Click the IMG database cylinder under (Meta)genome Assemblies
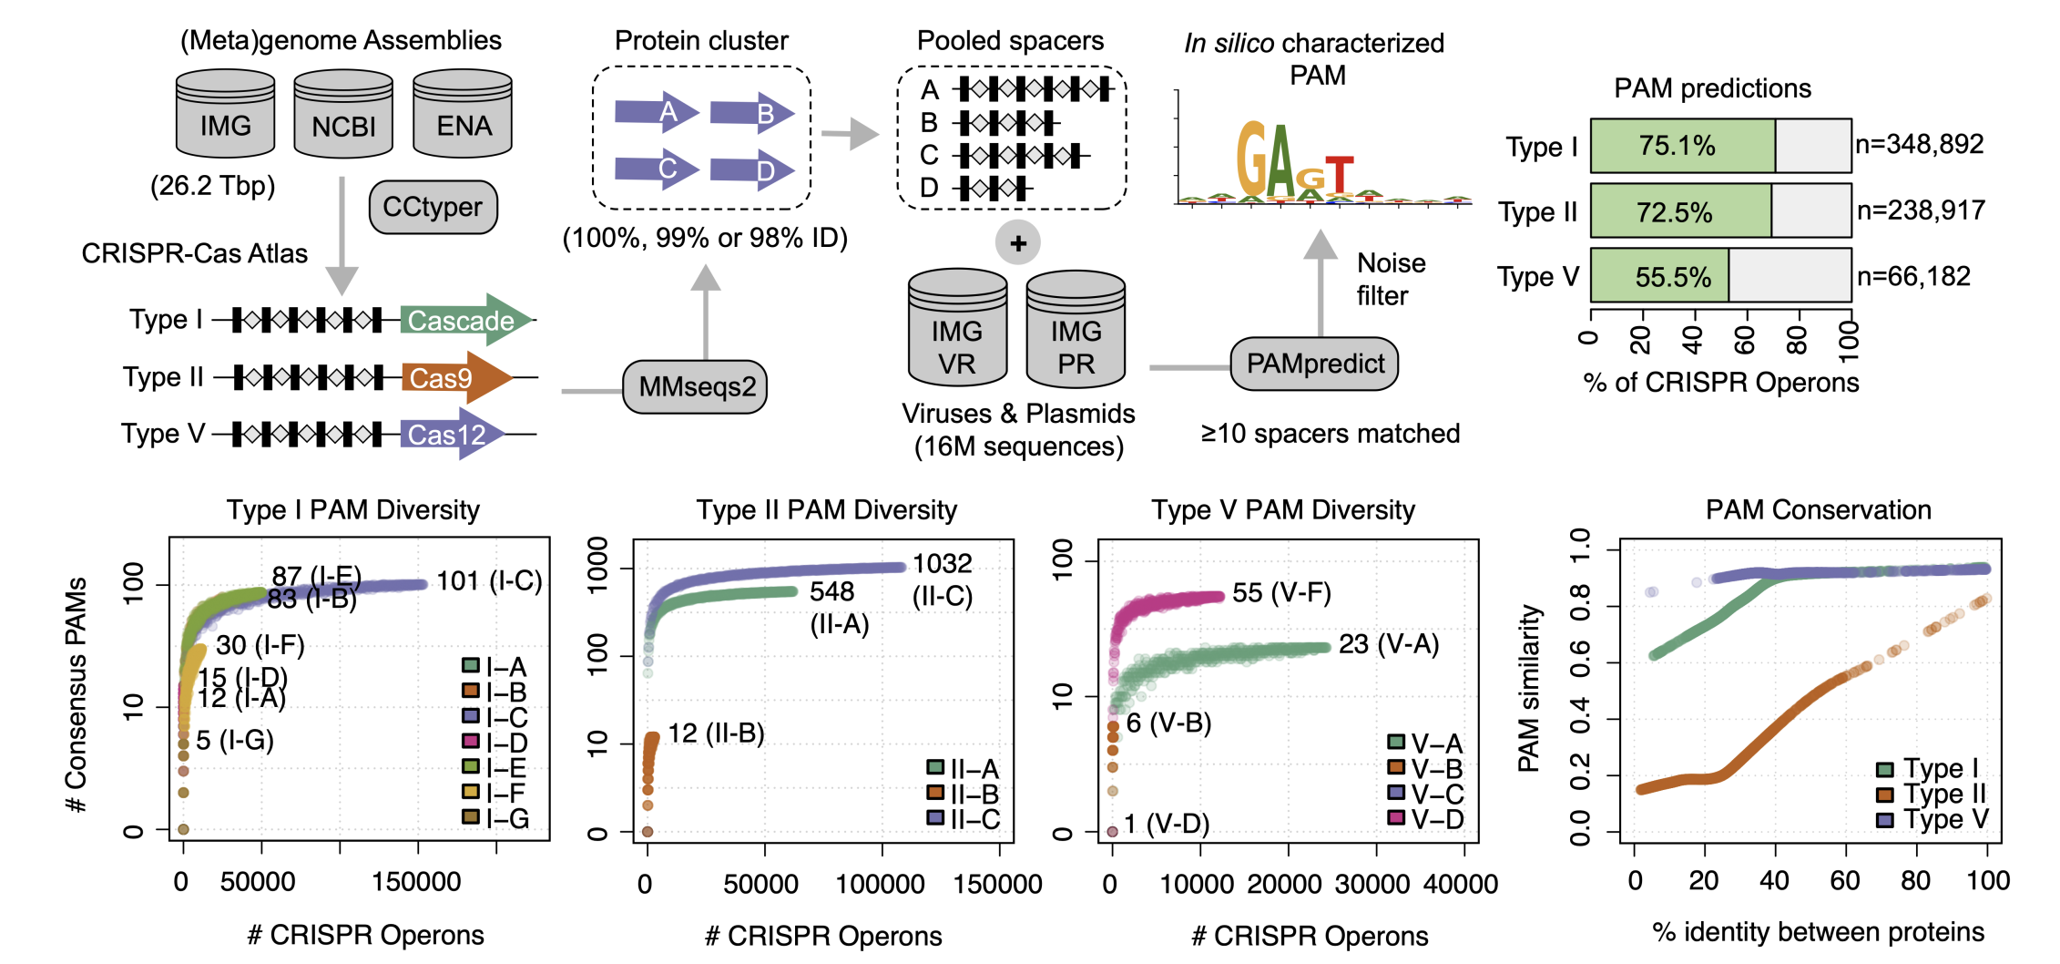[x=225, y=114]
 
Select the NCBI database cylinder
[x=343, y=115]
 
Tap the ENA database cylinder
[x=463, y=114]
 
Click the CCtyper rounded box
[x=433, y=207]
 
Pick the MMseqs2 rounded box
[x=696, y=386]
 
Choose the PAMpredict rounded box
[x=1314, y=364]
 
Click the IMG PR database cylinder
[x=1076, y=329]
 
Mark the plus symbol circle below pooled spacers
[x=1018, y=243]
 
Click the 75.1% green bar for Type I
[x=1682, y=146]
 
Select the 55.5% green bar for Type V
[x=1659, y=276]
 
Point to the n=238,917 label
[x=1921, y=210]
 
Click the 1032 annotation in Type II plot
[x=943, y=563]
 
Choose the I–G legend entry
[x=495, y=818]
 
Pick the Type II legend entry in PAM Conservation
[x=1932, y=794]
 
